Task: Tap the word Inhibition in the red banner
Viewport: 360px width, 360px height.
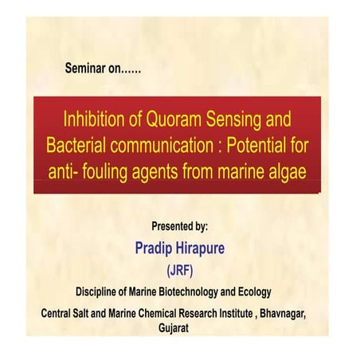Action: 96,120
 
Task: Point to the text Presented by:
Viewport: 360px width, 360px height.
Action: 180,227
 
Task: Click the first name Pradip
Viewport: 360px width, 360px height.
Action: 156,248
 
